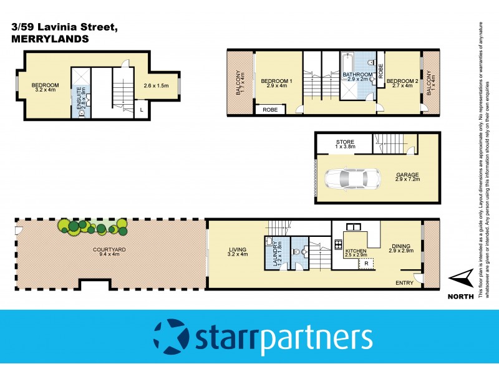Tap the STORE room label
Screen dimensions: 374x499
click(345, 142)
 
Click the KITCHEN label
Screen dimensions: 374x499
click(357, 251)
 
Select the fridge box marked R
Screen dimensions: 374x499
click(366, 264)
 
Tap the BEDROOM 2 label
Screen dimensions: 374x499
click(400, 81)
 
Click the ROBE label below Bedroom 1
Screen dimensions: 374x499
click(270, 110)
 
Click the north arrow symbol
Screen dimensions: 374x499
click(462, 277)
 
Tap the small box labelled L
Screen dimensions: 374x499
click(142, 110)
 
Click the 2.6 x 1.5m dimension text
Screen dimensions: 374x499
click(156, 85)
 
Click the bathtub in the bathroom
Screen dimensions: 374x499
click(348, 63)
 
